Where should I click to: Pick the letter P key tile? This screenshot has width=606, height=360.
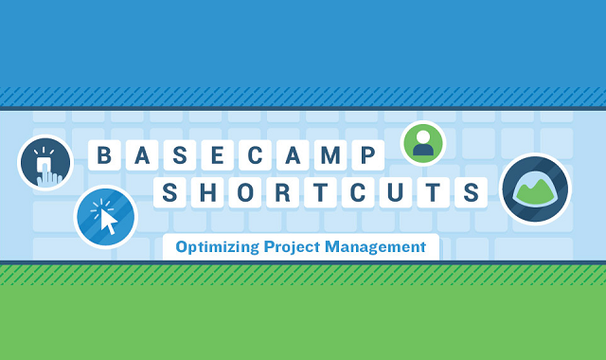(369, 155)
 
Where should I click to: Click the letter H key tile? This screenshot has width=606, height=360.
(205, 193)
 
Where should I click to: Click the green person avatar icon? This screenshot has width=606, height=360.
(423, 144)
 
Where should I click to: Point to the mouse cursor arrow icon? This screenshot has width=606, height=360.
(106, 217)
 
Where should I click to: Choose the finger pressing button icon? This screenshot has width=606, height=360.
(45, 163)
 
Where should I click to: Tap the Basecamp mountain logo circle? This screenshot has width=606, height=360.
(535, 189)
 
